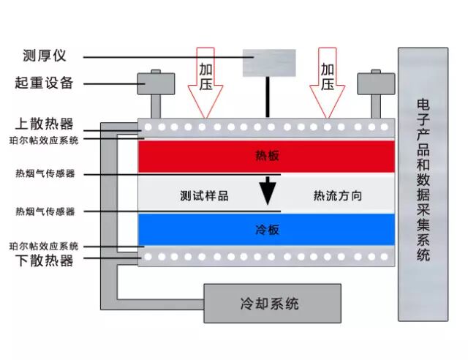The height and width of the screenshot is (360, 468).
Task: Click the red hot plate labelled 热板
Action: point(267,155)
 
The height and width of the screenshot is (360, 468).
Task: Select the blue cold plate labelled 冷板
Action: point(267,230)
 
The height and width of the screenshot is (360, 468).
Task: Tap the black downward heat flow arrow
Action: point(268,191)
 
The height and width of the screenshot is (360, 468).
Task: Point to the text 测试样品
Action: point(204,196)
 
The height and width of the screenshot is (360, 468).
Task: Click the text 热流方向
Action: point(337,196)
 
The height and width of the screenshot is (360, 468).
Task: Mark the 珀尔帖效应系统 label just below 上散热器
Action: point(44,139)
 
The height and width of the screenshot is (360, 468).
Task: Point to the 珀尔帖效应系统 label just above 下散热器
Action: point(44,246)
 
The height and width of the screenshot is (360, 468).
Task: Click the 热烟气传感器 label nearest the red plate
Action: point(45,174)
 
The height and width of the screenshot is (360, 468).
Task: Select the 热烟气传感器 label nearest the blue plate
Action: point(45,211)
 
